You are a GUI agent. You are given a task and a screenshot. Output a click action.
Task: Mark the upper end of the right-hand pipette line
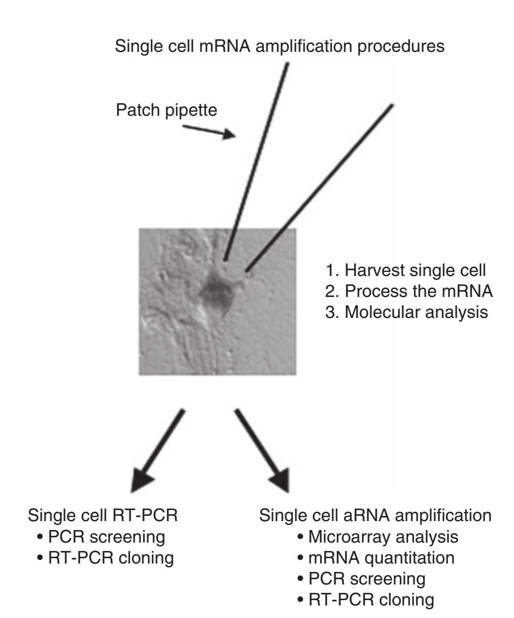click(x=392, y=106)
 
